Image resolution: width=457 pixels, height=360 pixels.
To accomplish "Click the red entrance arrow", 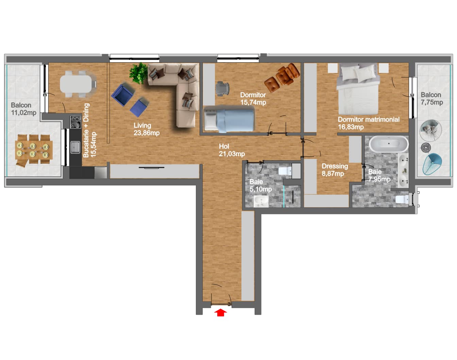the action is coord(220,312).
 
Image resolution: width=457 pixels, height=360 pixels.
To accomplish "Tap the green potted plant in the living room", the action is coord(138,73).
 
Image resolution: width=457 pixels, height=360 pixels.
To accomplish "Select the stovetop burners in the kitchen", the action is coord(75,122).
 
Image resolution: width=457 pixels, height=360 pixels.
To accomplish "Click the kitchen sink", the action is coord(75,147).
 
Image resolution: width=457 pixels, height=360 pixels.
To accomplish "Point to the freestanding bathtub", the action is coord(389,144).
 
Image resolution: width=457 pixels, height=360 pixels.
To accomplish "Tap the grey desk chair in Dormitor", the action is coord(222,89).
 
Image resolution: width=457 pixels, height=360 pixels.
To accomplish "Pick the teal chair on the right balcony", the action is coord(432,164).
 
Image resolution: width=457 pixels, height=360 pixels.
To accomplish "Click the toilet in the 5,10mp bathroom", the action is coord(285,171).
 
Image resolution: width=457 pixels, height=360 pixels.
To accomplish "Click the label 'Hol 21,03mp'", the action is coord(232,150).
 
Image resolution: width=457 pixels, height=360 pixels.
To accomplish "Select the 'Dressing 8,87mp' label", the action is coord(335,170).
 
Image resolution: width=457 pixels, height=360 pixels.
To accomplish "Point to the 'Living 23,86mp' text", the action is coord(147,129).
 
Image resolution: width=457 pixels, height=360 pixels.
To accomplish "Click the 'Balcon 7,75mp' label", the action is coord(432,98).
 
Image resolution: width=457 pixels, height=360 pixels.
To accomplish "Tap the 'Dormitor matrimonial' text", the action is coord(369,119).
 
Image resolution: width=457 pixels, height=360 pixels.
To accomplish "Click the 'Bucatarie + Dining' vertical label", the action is coord(86,130).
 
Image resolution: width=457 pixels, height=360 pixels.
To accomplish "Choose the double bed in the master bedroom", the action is coord(358,89).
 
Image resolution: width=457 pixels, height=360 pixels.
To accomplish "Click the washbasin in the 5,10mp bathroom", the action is coord(261,201).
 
